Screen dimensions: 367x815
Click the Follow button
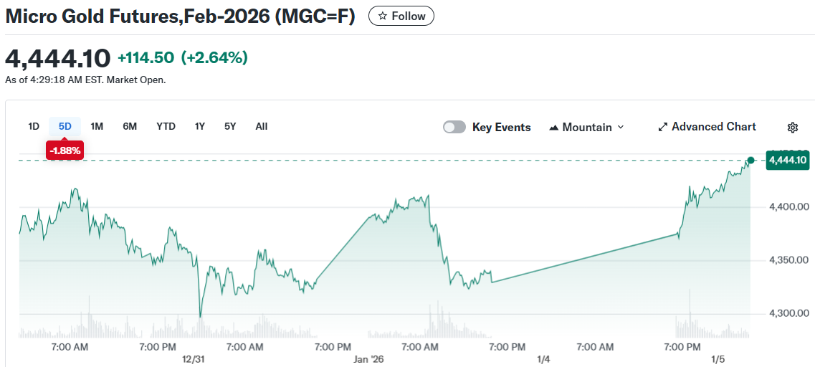[401, 16]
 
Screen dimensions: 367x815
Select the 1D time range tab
[34, 126]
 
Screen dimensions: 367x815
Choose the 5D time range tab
[65, 126]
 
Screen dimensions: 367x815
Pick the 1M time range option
[97, 126]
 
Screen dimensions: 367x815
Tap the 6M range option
[130, 126]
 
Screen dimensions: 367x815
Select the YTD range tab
[166, 126]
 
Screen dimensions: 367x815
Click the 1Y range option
[200, 126]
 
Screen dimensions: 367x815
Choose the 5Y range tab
[230, 126]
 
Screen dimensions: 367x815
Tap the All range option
[262, 126]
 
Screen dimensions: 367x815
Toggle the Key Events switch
[454, 127]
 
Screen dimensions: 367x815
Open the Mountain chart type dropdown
[586, 127]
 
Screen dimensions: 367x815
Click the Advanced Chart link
[707, 127]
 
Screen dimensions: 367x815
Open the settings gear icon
[792, 128]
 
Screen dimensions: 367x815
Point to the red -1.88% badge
[65, 150]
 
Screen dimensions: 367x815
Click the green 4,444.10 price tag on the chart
[788, 160]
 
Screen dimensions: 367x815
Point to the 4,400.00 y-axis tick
[789, 207]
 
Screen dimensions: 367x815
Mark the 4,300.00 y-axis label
[789, 313]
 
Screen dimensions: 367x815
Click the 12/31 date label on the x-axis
[194, 359]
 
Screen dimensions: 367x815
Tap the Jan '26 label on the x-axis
[368, 359]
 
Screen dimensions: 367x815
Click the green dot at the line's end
[750, 160]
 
